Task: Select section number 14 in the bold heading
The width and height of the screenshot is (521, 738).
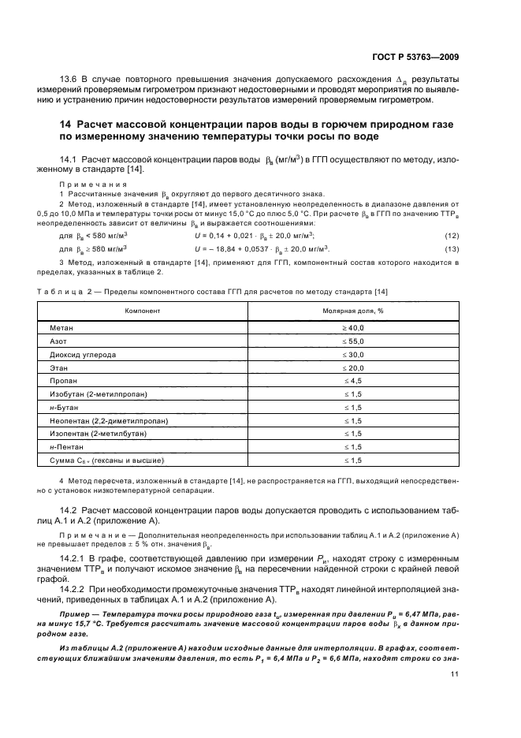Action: click(x=67, y=125)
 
